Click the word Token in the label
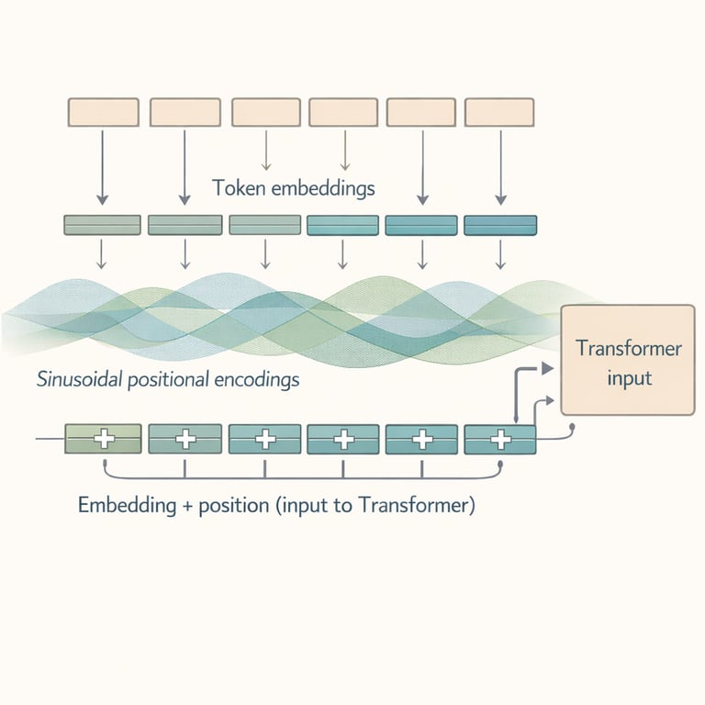point(234,188)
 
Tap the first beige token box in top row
point(104,112)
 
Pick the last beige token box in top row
point(500,112)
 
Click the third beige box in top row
point(265,112)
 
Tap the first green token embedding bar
point(102,225)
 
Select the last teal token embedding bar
point(500,225)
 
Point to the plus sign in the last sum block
point(501,439)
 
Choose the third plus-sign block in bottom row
point(264,439)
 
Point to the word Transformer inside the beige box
point(628,349)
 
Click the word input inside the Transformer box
point(628,377)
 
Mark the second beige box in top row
point(185,112)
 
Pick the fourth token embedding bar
point(342,225)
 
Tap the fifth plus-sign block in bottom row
point(422,439)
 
